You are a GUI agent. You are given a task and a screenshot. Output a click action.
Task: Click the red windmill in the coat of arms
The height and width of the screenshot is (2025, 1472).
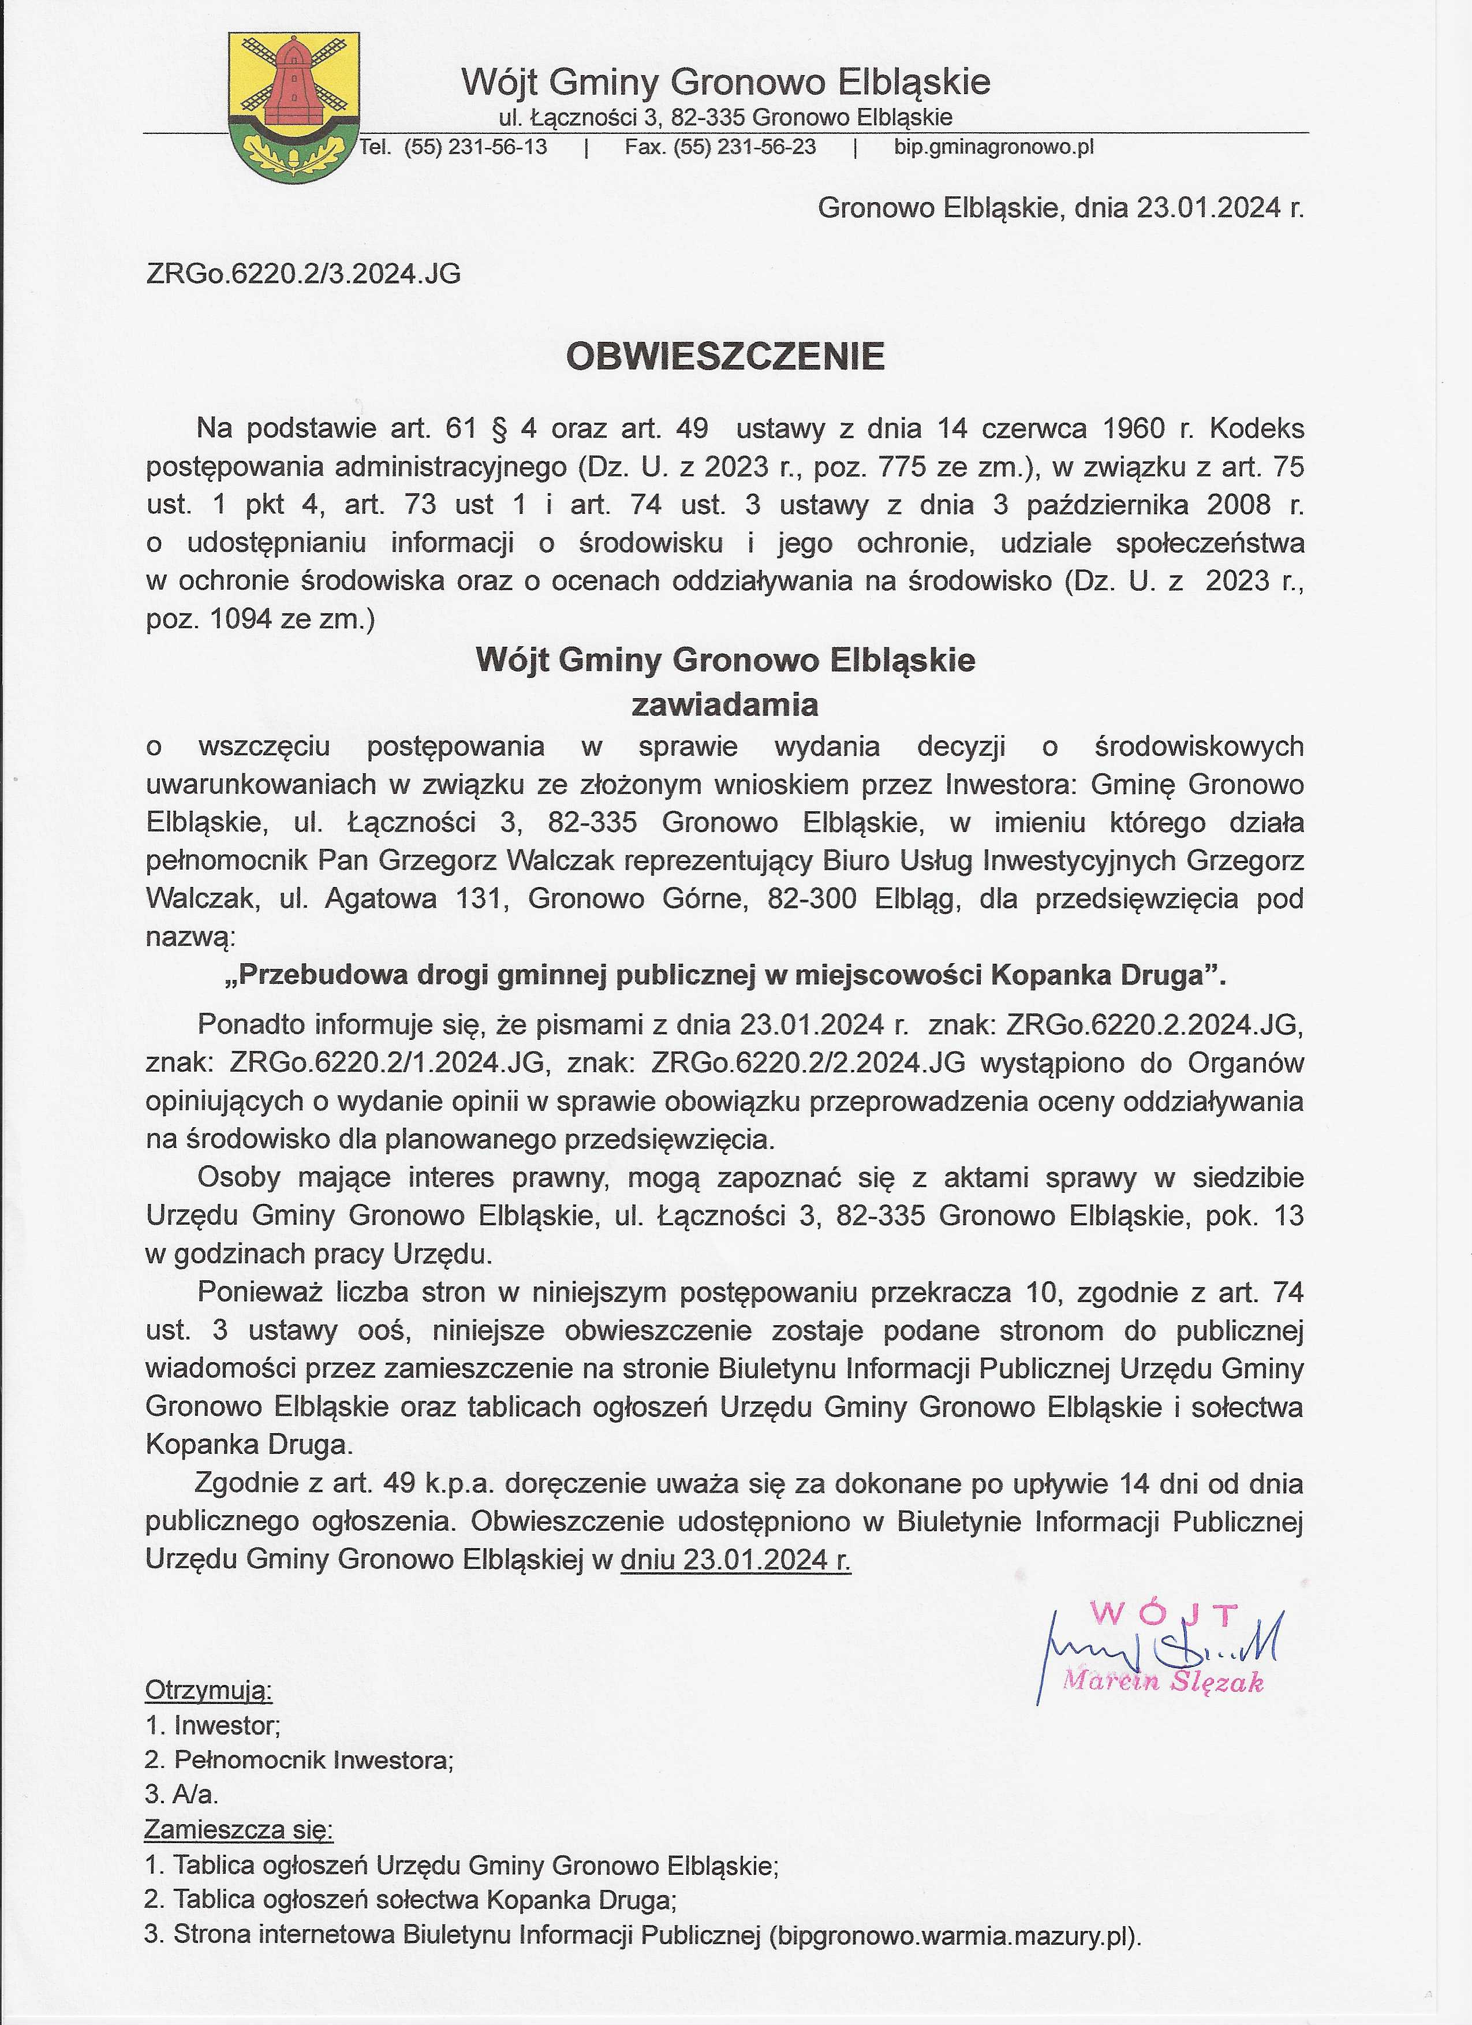[x=292, y=81]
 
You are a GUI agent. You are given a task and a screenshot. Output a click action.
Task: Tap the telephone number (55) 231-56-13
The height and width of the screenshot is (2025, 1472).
[x=475, y=147]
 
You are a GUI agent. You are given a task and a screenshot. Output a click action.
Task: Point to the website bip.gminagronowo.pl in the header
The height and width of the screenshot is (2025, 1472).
[x=993, y=147]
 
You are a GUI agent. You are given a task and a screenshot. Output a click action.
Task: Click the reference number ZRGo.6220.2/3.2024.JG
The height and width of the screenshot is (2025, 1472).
[x=304, y=274]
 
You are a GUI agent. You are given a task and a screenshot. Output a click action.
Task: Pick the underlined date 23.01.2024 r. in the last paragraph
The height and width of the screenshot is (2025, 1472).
[x=735, y=1559]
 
